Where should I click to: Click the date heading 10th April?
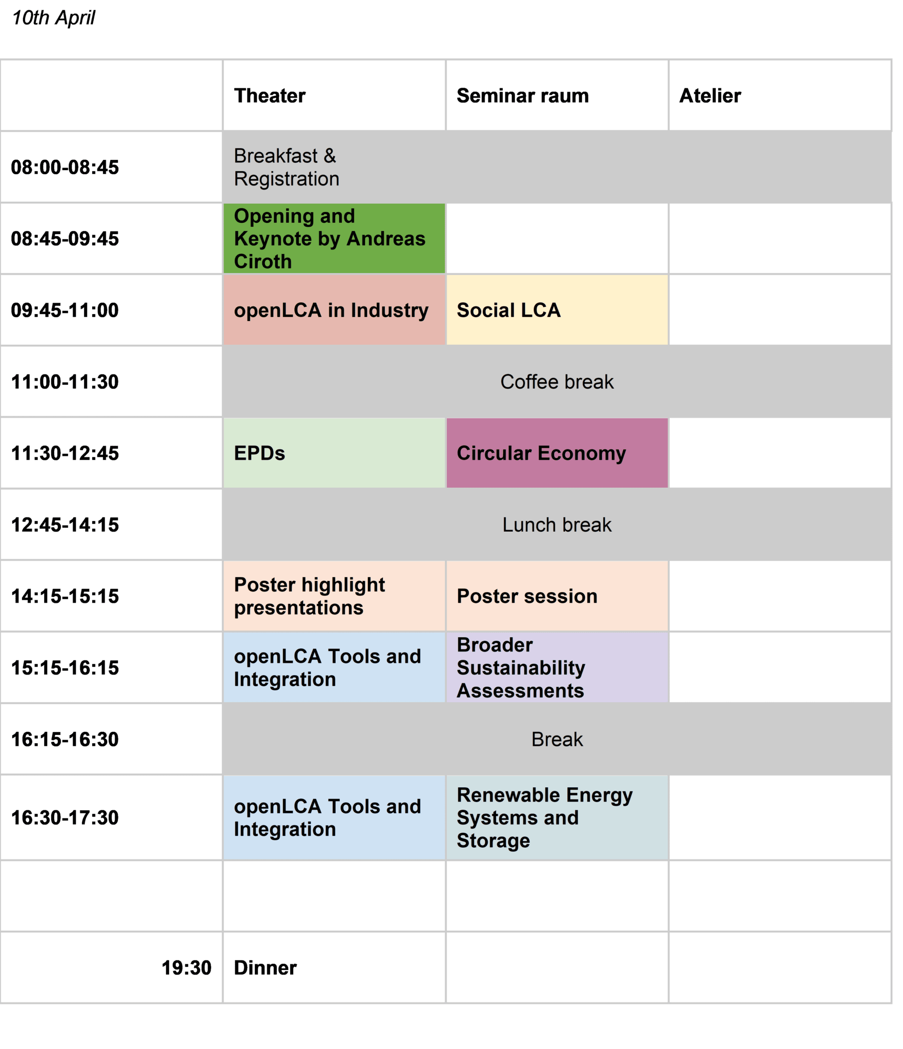53,18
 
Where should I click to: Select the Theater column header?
270,96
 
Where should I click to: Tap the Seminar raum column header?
523,96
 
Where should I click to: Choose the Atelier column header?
710,96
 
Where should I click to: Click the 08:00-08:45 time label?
65,167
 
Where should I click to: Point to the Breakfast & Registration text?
286,167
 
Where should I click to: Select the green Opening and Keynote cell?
334,239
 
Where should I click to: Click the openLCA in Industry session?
334,310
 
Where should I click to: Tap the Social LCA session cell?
557,310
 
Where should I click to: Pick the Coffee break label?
557,382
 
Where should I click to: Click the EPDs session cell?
334,453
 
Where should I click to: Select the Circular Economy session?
557,453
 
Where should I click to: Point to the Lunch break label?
557,525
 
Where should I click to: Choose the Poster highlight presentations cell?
334,596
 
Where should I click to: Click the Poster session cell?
557,596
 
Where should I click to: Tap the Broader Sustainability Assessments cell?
557,668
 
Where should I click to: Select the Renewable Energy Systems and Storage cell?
557,818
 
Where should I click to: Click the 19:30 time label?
187,968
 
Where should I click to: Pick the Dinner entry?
265,968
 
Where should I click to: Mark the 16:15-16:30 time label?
65,740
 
